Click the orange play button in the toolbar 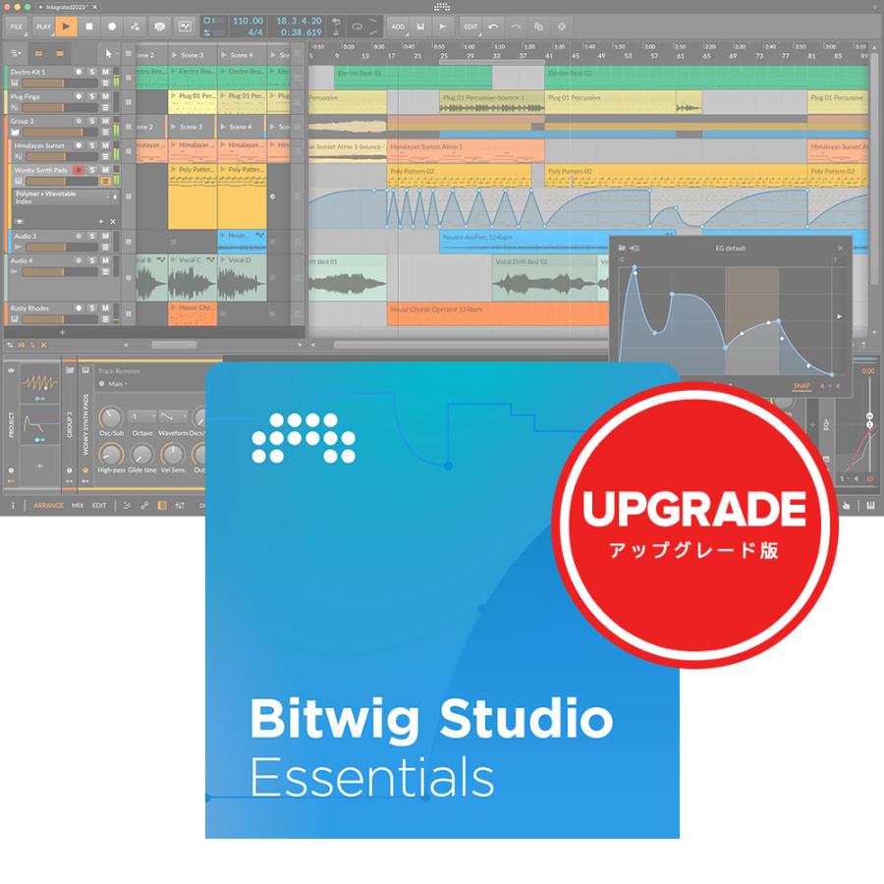pyautogui.click(x=65, y=27)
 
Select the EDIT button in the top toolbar pyautogui.click(x=470, y=27)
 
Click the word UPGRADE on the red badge pyautogui.click(x=694, y=510)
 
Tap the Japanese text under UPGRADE pyautogui.click(x=694, y=550)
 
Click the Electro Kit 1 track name pyautogui.click(x=29, y=73)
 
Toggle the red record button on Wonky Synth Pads pyautogui.click(x=78, y=170)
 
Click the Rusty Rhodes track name pyautogui.click(x=28, y=308)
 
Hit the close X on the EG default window pyautogui.click(x=840, y=249)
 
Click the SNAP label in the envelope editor pyautogui.click(x=802, y=386)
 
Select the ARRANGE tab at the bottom pyautogui.click(x=48, y=505)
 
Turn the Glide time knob pyautogui.click(x=143, y=455)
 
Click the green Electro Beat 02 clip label pyautogui.click(x=570, y=74)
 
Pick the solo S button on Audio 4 pyautogui.click(x=91, y=261)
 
